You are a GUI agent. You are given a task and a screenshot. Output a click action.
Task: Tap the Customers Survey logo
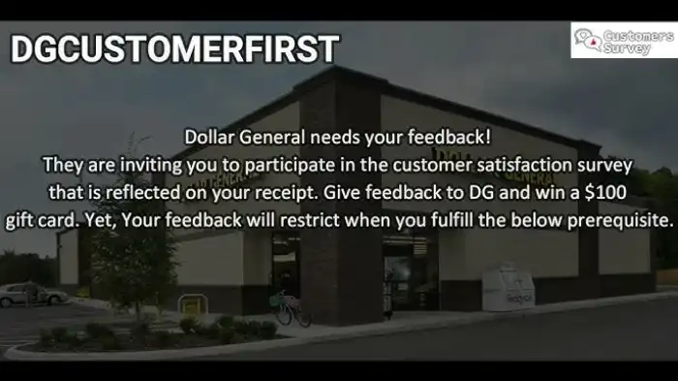[x=623, y=41]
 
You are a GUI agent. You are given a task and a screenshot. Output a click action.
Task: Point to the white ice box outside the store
[x=508, y=288]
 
